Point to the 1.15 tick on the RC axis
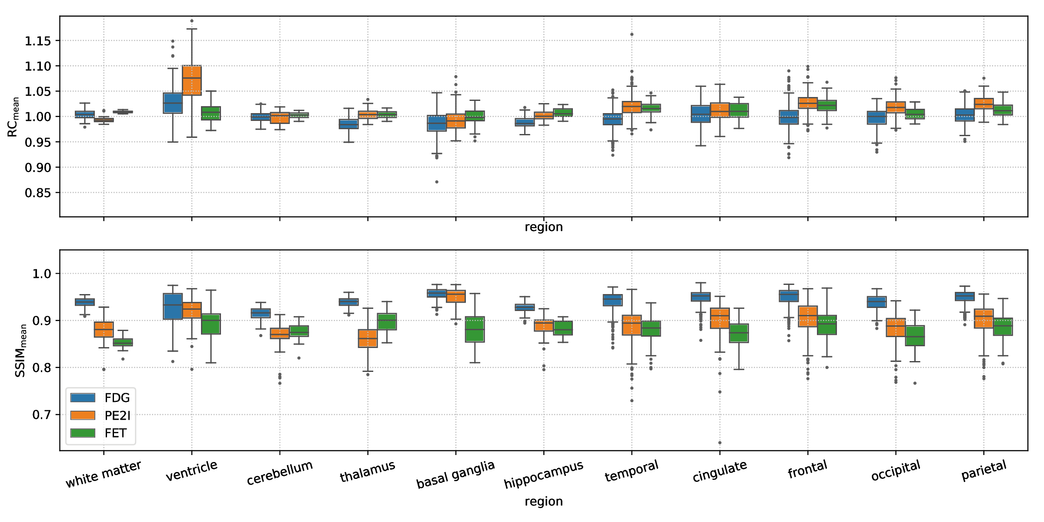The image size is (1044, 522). coord(38,41)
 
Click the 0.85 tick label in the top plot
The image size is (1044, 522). coord(38,193)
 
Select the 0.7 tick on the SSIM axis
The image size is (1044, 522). coord(42,415)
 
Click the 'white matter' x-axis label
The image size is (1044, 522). coord(104,474)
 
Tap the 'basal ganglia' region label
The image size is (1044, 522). coord(455,475)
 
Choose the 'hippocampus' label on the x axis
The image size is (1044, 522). coord(543,475)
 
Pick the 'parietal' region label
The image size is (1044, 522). coord(984,470)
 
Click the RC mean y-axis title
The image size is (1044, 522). coord(13,117)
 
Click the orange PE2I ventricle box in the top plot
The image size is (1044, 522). coord(192,80)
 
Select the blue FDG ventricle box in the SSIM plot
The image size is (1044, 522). coord(173,307)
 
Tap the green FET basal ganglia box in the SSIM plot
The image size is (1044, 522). coord(475,329)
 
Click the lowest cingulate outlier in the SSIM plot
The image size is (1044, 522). coord(720,443)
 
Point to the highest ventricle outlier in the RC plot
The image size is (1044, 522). coord(192,21)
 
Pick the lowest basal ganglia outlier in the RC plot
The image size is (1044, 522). coord(437,182)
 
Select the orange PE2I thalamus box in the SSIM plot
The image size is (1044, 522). coord(368,338)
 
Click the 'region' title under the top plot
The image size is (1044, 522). coord(543,227)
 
